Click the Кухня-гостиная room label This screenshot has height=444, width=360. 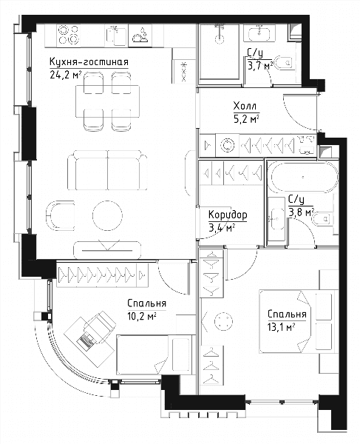89,62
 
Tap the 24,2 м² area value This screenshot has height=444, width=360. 66,75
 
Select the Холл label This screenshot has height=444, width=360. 245,106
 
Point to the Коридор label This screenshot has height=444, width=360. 228,215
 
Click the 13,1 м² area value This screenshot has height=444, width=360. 282,327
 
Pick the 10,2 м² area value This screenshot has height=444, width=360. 142,316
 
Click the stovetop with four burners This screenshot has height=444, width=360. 68,36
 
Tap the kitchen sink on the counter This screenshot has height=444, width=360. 117,36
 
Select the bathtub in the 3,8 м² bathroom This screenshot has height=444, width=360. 302,178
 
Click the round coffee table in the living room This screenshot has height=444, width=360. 107,215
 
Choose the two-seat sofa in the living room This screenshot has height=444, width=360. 107,170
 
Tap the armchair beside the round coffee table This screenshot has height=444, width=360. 60,215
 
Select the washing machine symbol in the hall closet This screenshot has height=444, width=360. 228,146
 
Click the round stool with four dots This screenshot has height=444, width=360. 224,321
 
